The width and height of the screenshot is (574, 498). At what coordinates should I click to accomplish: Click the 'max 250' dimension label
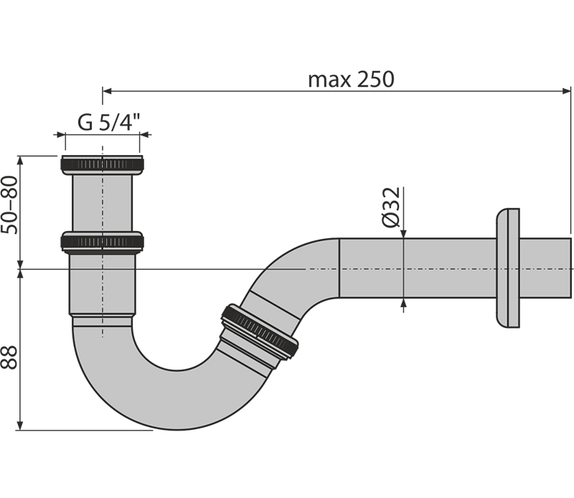[x=351, y=80]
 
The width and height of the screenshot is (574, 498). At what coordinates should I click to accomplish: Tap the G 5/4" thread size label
[x=109, y=122]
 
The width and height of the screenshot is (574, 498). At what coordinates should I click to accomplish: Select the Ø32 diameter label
[x=391, y=207]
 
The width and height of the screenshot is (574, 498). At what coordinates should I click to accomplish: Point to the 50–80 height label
[x=9, y=205]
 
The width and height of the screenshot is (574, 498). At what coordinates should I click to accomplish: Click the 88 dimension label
[x=9, y=357]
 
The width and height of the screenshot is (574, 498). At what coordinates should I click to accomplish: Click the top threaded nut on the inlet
[x=102, y=165]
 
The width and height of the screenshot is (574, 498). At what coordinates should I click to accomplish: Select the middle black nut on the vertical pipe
[x=102, y=242]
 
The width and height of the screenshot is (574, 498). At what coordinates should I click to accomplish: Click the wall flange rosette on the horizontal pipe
[x=508, y=268]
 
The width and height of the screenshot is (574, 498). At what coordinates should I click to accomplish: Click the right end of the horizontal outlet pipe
[x=570, y=268]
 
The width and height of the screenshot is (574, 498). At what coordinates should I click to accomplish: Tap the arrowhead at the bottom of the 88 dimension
[x=21, y=426]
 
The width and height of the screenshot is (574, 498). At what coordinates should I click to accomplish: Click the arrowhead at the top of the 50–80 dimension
[x=21, y=161]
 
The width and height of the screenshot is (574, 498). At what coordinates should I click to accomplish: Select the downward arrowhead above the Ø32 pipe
[x=403, y=233]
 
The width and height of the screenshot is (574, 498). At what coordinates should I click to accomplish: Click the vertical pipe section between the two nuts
[x=102, y=203]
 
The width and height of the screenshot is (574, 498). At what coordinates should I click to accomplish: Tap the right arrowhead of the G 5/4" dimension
[x=145, y=135]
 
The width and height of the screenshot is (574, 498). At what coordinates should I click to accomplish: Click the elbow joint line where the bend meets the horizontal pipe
[x=339, y=268]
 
